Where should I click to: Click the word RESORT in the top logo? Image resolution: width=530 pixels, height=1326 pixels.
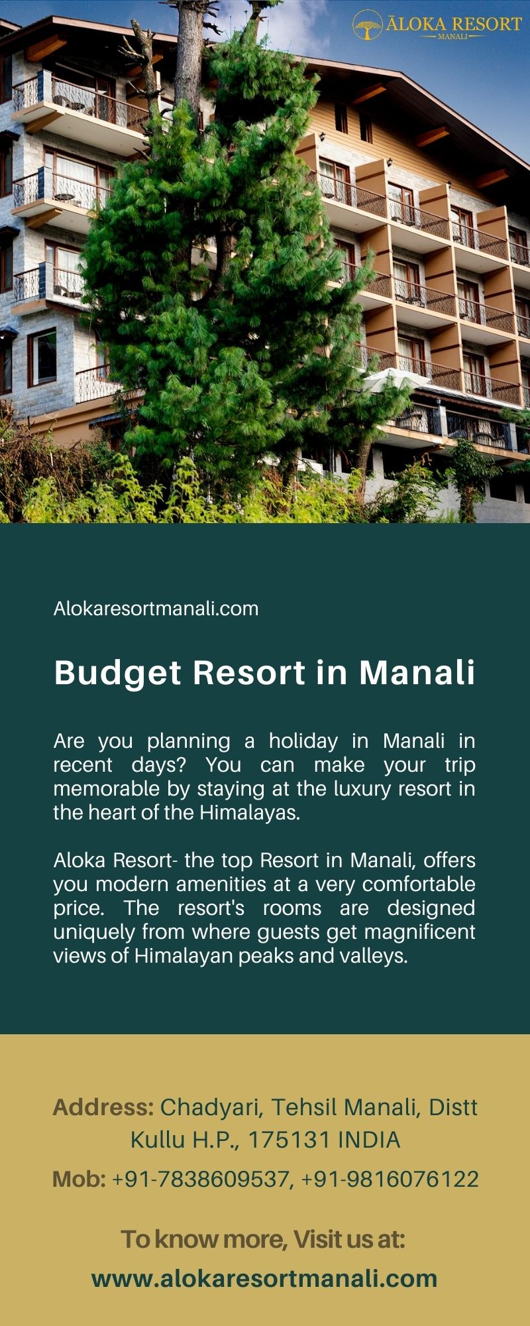click(x=488, y=24)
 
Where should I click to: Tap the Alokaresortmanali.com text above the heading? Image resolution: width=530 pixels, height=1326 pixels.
click(x=156, y=609)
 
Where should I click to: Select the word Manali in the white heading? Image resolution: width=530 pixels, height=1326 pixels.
click(x=417, y=672)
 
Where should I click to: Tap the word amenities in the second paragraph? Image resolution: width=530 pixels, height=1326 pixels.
click(x=263, y=884)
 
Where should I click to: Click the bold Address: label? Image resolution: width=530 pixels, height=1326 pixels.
click(x=103, y=1107)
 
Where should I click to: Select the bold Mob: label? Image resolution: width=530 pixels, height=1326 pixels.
click(x=79, y=1179)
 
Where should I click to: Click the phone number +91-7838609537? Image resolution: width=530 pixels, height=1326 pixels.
click(x=201, y=1179)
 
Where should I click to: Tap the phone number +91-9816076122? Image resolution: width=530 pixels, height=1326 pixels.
click(x=390, y=1179)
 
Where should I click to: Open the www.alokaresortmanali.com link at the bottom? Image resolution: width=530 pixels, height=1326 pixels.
click(x=264, y=1278)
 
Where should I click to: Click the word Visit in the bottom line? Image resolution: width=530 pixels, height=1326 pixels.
click(x=318, y=1238)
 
